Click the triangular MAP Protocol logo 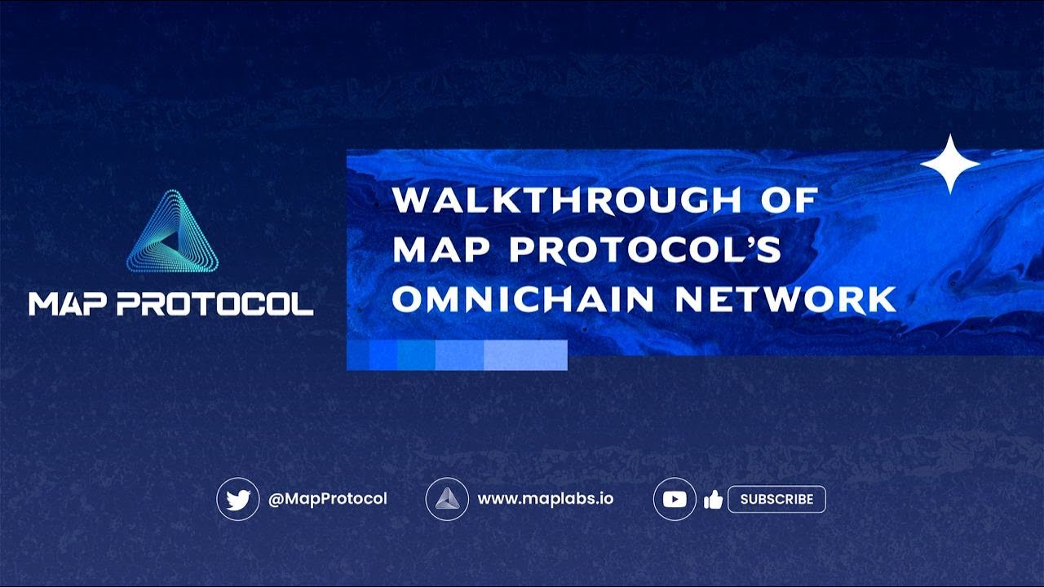coord(172,234)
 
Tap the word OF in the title coord(788,201)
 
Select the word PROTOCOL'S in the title coord(645,249)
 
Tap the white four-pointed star coord(949,164)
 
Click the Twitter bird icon coord(237,499)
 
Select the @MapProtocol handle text coord(328,499)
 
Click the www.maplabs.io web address coord(545,499)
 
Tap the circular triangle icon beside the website coord(447,499)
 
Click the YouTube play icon coord(675,499)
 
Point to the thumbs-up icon coord(714,500)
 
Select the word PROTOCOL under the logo coord(215,304)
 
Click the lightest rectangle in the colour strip coord(525,355)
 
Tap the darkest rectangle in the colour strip coord(358,355)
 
